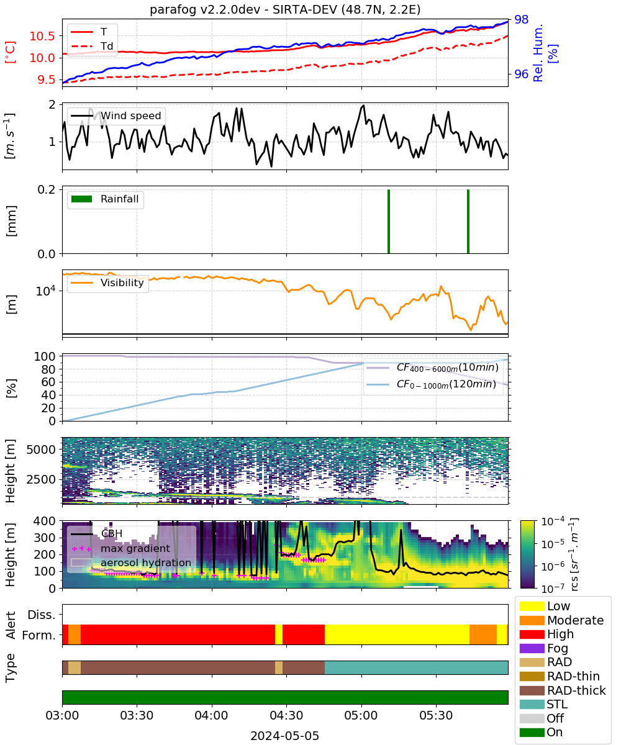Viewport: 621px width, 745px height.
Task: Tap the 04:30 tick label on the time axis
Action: pos(286,715)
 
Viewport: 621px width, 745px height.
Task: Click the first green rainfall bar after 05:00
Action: pos(389,221)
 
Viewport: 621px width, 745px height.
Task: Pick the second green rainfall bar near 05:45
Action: pos(468,221)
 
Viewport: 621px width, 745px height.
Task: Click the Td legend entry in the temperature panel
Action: pos(92,46)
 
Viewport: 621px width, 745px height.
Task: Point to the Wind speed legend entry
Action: pos(116,115)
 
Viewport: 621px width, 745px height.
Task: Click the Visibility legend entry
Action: pos(107,282)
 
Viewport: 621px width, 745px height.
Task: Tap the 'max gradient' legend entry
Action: pos(121,548)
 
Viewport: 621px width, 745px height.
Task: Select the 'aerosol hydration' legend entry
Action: pos(131,562)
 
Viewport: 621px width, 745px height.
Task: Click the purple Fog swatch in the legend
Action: pos(532,648)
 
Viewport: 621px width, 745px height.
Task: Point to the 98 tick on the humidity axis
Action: pos(521,19)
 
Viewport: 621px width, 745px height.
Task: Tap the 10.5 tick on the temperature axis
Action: pos(42,36)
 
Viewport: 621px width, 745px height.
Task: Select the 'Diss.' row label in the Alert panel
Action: pos(42,615)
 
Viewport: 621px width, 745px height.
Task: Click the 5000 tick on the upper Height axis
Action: pos(41,449)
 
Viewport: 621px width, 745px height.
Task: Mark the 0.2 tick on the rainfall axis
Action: pos(47,189)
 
